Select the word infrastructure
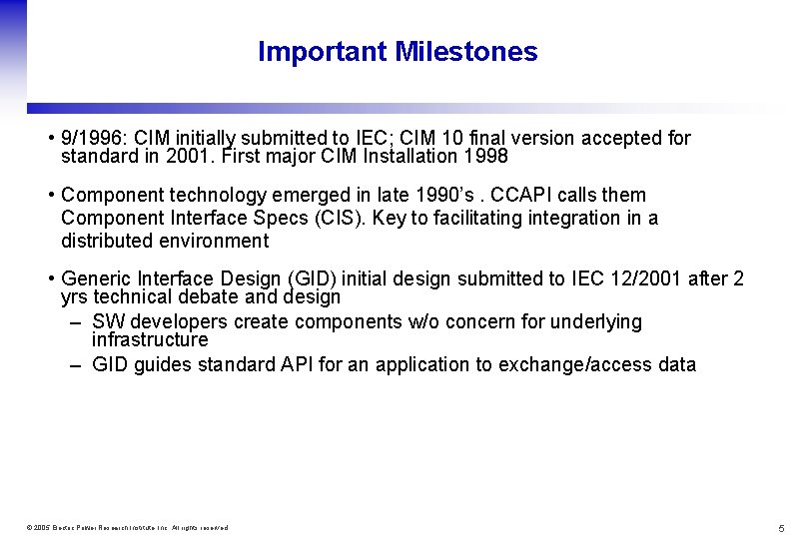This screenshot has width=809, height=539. click(150, 340)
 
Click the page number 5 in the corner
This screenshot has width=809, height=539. click(782, 527)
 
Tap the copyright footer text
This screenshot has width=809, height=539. click(128, 527)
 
